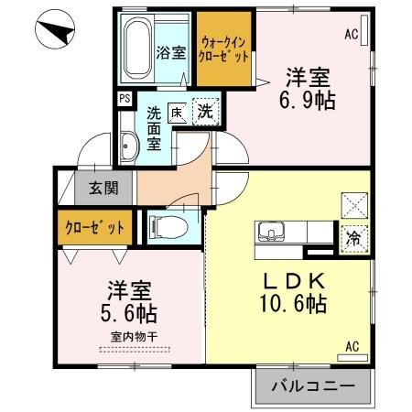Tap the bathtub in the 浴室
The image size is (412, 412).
coord(136,49)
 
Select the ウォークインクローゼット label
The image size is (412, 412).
coord(224,48)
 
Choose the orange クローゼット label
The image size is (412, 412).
coord(95,225)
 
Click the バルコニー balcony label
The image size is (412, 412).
coord(312,387)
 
